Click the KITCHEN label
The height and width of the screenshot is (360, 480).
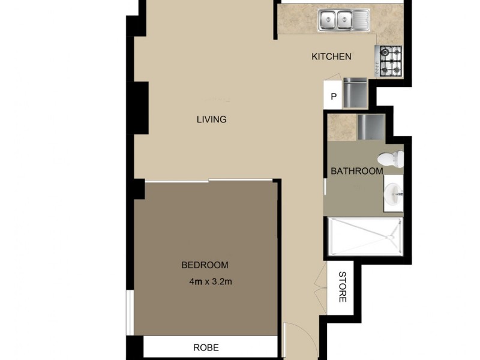pos(331,57)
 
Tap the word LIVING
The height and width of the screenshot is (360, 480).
pos(211,119)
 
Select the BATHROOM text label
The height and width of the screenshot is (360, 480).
pos(357,171)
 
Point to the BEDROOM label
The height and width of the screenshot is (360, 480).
pos(205,265)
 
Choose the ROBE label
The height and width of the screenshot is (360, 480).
pos(206,347)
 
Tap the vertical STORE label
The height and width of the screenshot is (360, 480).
pos(343,287)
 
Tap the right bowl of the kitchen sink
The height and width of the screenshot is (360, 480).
pos(346,21)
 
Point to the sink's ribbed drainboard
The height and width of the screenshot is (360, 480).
pos(362,21)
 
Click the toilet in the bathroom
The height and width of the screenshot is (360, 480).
pos(392,159)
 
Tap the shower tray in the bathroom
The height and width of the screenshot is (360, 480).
pos(364,237)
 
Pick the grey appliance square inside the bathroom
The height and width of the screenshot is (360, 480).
pos(370,127)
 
